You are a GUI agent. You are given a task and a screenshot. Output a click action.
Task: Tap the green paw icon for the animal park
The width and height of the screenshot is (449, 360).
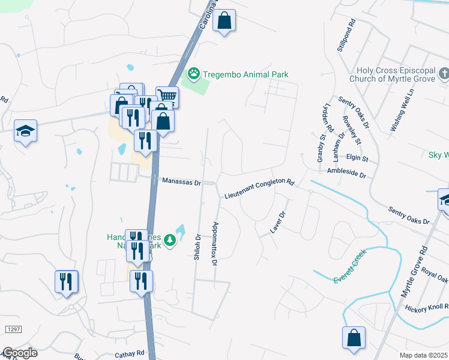pyautogui.click(x=194, y=74)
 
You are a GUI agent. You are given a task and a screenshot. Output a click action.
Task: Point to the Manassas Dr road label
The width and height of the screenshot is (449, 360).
pyautogui.click(x=181, y=181)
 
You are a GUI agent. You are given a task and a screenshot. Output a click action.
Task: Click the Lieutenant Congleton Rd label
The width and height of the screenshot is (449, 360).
pyautogui.click(x=260, y=188)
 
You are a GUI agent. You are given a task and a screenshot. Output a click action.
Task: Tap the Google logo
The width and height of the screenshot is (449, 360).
pyautogui.click(x=20, y=352)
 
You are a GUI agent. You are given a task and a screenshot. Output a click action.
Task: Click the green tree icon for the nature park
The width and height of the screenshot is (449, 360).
pyautogui.click(x=170, y=241)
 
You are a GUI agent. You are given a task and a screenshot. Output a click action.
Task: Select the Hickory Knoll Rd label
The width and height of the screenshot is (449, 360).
pyautogui.click(x=426, y=308)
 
